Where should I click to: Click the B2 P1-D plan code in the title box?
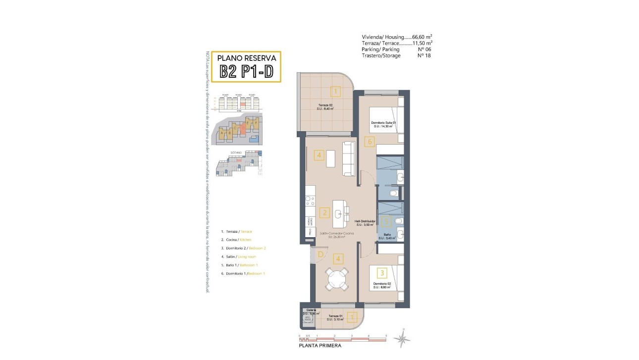pos(246,72)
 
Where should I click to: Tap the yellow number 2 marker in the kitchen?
pos(324,213)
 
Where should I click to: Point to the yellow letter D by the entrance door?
pos(320,255)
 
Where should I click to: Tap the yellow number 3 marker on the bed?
pos(381,272)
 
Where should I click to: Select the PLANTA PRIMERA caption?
pos(319,346)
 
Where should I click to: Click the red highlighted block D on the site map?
pos(243,129)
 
